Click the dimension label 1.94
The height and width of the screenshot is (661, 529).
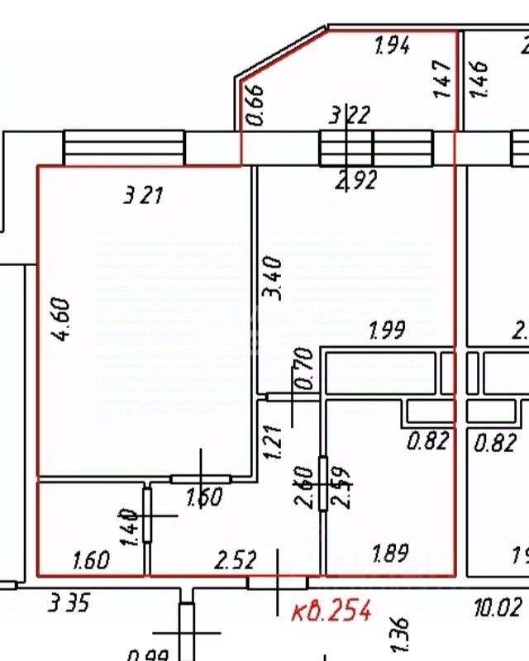click(x=392, y=46)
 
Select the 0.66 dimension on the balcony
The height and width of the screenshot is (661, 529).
click(x=255, y=105)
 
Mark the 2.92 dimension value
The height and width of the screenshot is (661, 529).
click(x=355, y=179)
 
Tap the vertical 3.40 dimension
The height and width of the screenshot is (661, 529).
click(x=274, y=278)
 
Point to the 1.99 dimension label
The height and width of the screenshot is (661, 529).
click(x=386, y=332)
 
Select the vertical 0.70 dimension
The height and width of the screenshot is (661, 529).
click(x=303, y=369)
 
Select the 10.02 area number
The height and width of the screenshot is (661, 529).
click(x=498, y=609)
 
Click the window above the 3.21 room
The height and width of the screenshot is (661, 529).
click(x=124, y=150)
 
